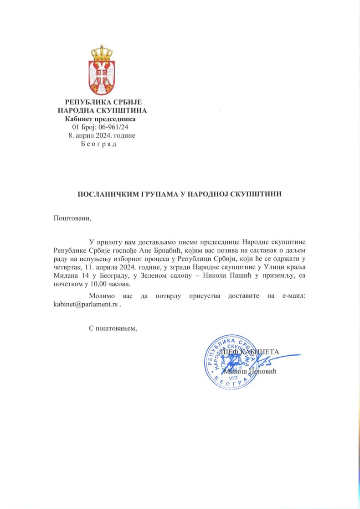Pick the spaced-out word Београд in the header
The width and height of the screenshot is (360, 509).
coord(98,144)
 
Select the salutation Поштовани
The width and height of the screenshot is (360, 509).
coord(72,218)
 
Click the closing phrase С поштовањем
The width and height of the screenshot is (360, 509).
coord(113,328)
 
